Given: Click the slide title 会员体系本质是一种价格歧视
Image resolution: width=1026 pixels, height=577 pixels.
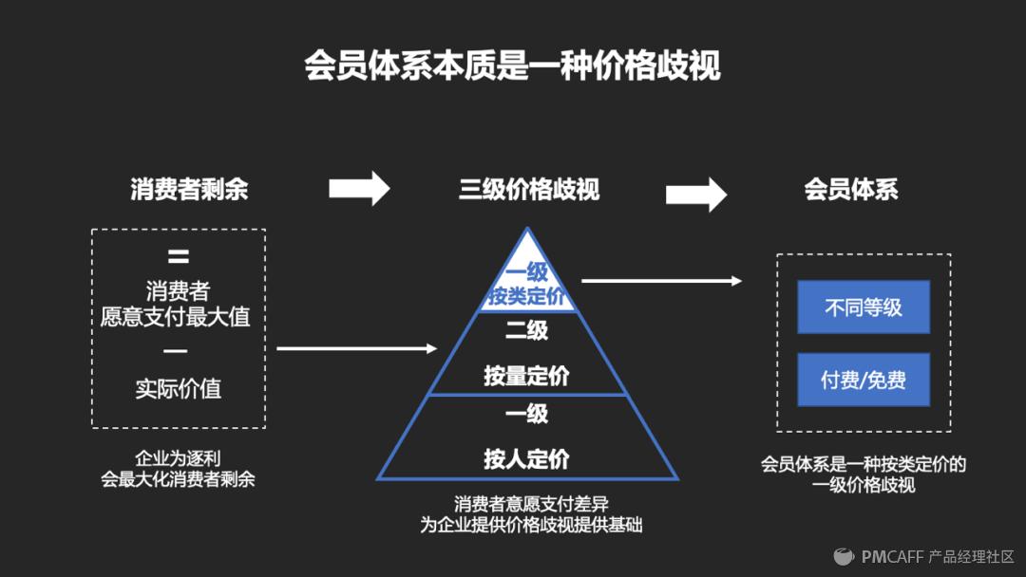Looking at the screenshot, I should pyautogui.click(x=512, y=66).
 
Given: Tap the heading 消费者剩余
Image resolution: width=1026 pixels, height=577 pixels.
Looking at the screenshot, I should pyautogui.click(x=189, y=189).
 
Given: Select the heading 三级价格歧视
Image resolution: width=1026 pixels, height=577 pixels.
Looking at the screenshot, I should pyautogui.click(x=529, y=190).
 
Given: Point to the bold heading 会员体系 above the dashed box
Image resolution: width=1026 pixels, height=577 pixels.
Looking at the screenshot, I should pyautogui.click(x=851, y=189).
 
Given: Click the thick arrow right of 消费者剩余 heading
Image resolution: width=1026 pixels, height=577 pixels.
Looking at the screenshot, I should pyautogui.click(x=359, y=188).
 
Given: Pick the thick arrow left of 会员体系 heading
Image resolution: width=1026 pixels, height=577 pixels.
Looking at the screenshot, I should pyautogui.click(x=695, y=194).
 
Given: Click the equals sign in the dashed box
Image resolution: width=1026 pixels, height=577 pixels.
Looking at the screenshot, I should pyautogui.click(x=178, y=256).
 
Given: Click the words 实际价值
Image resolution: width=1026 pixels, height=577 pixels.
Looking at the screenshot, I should pyautogui.click(x=178, y=388).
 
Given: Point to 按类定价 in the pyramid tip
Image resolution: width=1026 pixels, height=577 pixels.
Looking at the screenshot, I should pyautogui.click(x=527, y=296).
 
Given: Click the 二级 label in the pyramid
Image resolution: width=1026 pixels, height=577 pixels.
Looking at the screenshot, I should pyautogui.click(x=526, y=330).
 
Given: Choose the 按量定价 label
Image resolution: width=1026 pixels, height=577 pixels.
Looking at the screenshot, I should pyautogui.click(x=526, y=376).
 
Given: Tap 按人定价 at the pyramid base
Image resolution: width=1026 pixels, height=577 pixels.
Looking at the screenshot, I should pyautogui.click(x=526, y=459).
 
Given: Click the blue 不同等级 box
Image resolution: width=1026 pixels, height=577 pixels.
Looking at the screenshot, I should pyautogui.click(x=863, y=307).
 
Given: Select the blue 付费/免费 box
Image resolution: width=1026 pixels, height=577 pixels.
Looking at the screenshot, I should pyautogui.click(x=863, y=380).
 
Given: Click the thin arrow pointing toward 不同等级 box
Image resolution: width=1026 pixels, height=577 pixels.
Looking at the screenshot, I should pyautogui.click(x=661, y=280).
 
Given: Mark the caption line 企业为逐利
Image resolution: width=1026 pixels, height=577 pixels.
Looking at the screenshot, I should pyautogui.click(x=178, y=458).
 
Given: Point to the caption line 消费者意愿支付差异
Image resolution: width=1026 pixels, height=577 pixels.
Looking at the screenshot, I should pyautogui.click(x=531, y=504).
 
